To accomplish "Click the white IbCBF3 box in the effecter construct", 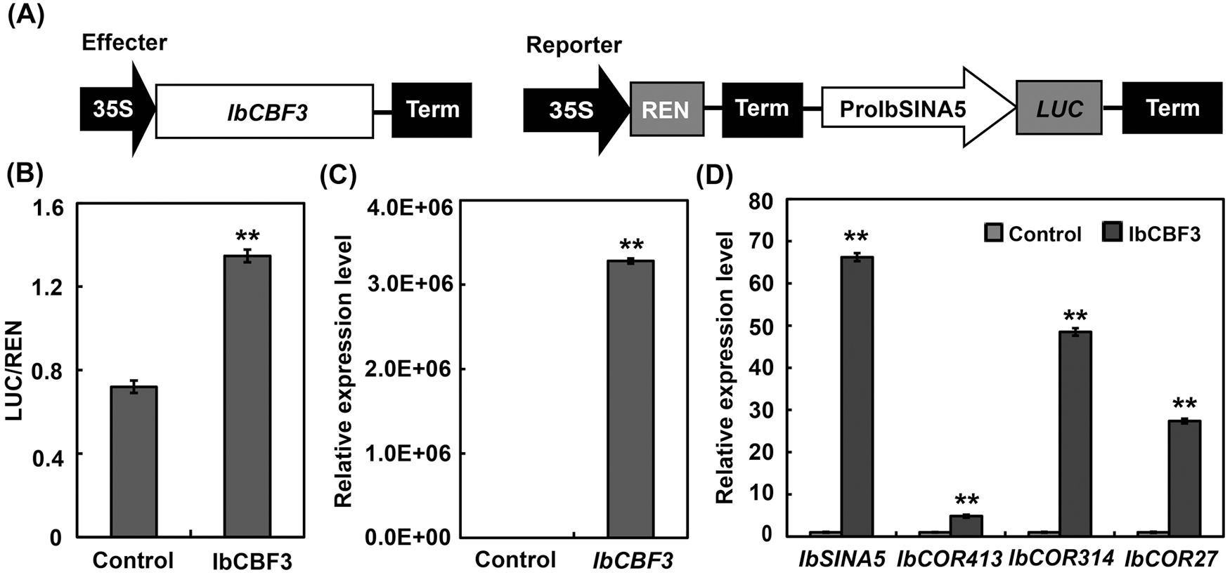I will (x=264, y=111).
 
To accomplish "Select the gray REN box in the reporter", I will (x=666, y=108).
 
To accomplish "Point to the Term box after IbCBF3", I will (x=432, y=110).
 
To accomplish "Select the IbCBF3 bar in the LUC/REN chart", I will (x=247, y=396).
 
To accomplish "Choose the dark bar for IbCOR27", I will (x=1184, y=477).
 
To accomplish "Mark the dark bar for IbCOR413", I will (x=966, y=525).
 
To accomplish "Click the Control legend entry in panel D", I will (x=1033, y=233).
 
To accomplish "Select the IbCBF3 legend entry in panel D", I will (x=1153, y=233).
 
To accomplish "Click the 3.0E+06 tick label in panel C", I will (x=410, y=284).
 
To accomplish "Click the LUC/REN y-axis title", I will (x=15, y=371).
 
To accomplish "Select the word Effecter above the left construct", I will (x=124, y=43).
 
